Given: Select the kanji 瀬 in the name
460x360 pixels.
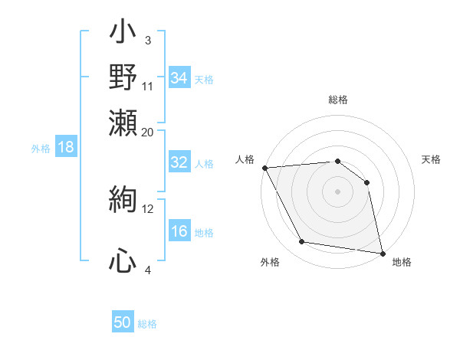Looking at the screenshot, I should point(123,120).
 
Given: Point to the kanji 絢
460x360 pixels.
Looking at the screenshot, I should point(123,200).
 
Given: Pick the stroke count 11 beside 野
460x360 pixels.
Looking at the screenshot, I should point(148,86).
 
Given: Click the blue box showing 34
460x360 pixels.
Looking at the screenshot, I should point(179,78).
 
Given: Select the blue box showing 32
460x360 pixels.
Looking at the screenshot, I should point(179,163).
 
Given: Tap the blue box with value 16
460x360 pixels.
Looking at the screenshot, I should point(179,232).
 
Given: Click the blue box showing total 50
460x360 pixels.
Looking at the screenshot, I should point(123,323).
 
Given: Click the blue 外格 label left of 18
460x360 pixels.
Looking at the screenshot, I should point(40,149).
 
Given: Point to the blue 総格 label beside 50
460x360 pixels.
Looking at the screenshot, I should point(147,324).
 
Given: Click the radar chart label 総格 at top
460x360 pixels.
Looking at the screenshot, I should point(337,100).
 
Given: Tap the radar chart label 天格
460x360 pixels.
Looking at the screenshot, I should point(432,159).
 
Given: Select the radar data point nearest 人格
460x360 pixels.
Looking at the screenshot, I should point(264,168).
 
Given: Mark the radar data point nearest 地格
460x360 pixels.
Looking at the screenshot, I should point(382,253).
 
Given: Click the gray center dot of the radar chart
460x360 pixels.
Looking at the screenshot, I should point(337,191).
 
